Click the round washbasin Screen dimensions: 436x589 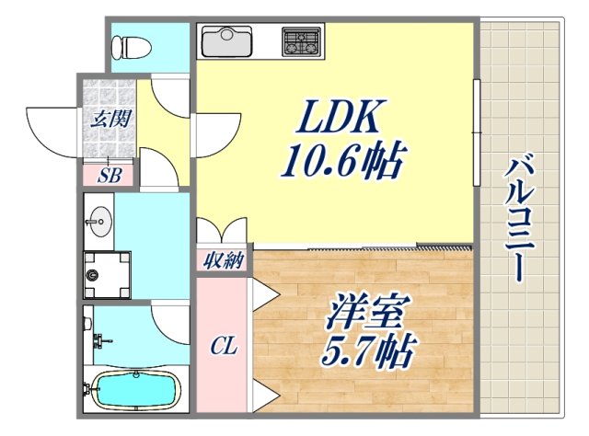(98, 221)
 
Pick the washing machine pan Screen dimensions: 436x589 (107, 274)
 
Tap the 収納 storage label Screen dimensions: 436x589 (222, 261)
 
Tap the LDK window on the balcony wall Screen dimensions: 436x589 (476, 133)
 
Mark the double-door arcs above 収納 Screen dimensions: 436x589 (222, 231)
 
